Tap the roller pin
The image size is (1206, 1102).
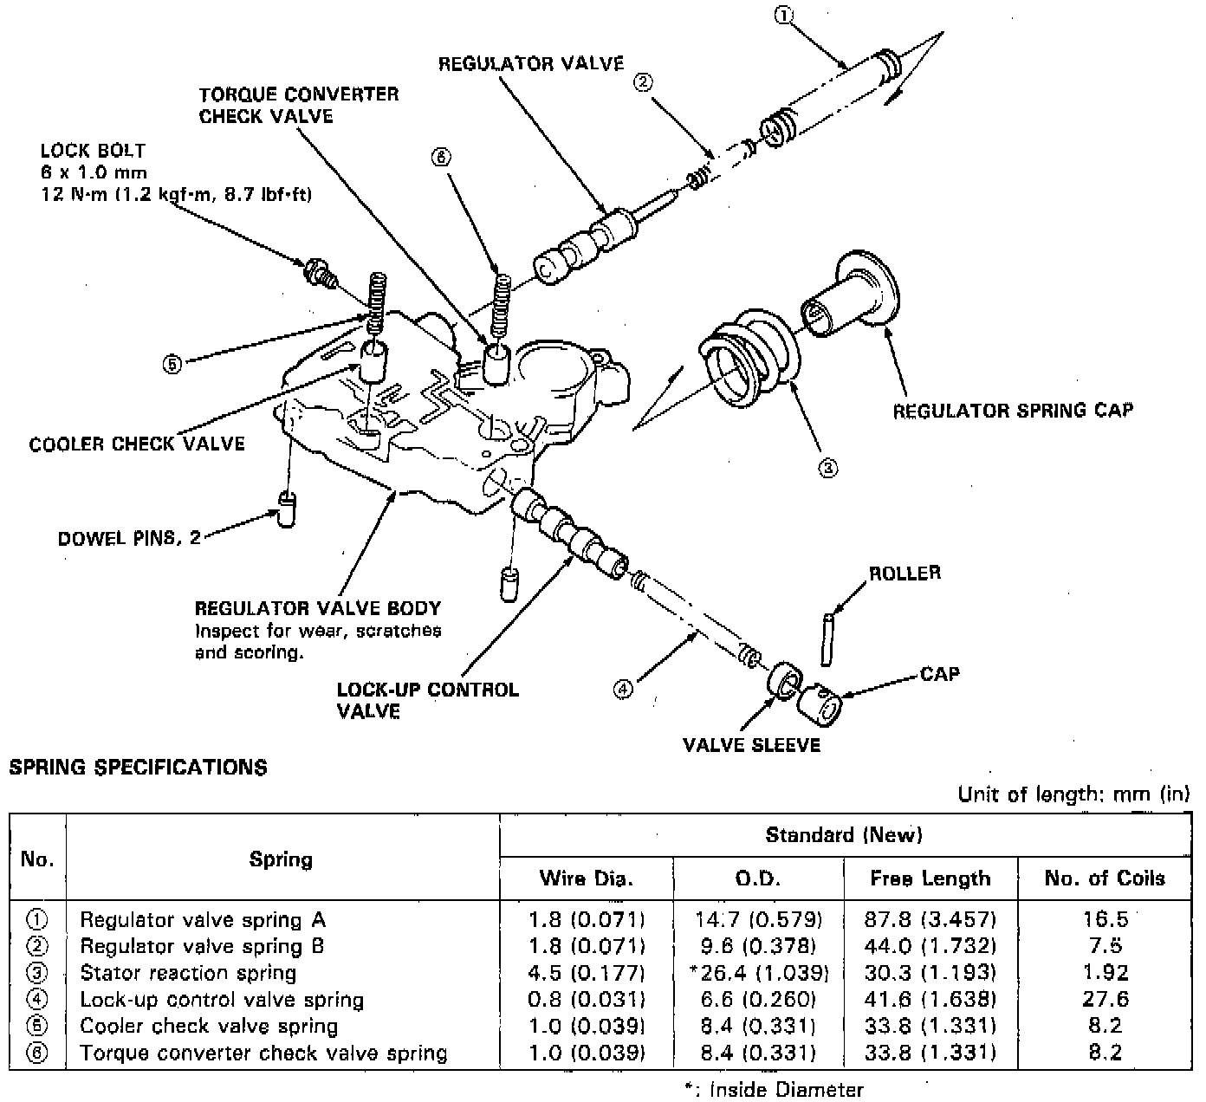click(x=827, y=639)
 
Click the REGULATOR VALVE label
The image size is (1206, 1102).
click(x=531, y=63)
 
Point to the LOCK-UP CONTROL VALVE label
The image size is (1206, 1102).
click(x=427, y=700)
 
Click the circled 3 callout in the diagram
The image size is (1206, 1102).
click(x=828, y=468)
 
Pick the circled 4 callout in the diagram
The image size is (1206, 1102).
click(x=624, y=690)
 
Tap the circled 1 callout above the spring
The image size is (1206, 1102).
click(x=783, y=15)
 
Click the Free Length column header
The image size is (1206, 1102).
click(x=930, y=878)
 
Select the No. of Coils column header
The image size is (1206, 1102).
click(x=1104, y=878)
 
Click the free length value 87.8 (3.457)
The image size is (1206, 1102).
click(x=930, y=919)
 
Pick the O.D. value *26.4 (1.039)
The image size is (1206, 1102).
click(x=759, y=973)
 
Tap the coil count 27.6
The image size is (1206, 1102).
click(x=1105, y=1000)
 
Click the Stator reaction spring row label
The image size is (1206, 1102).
click(x=188, y=973)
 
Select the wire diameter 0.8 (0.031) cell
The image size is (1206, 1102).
click(x=587, y=1000)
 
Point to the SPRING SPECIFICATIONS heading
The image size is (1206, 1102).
click(x=138, y=768)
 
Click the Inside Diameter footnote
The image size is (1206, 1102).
click(x=773, y=1090)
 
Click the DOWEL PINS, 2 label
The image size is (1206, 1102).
click(x=128, y=538)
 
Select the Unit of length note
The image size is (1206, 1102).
click(x=1073, y=794)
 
